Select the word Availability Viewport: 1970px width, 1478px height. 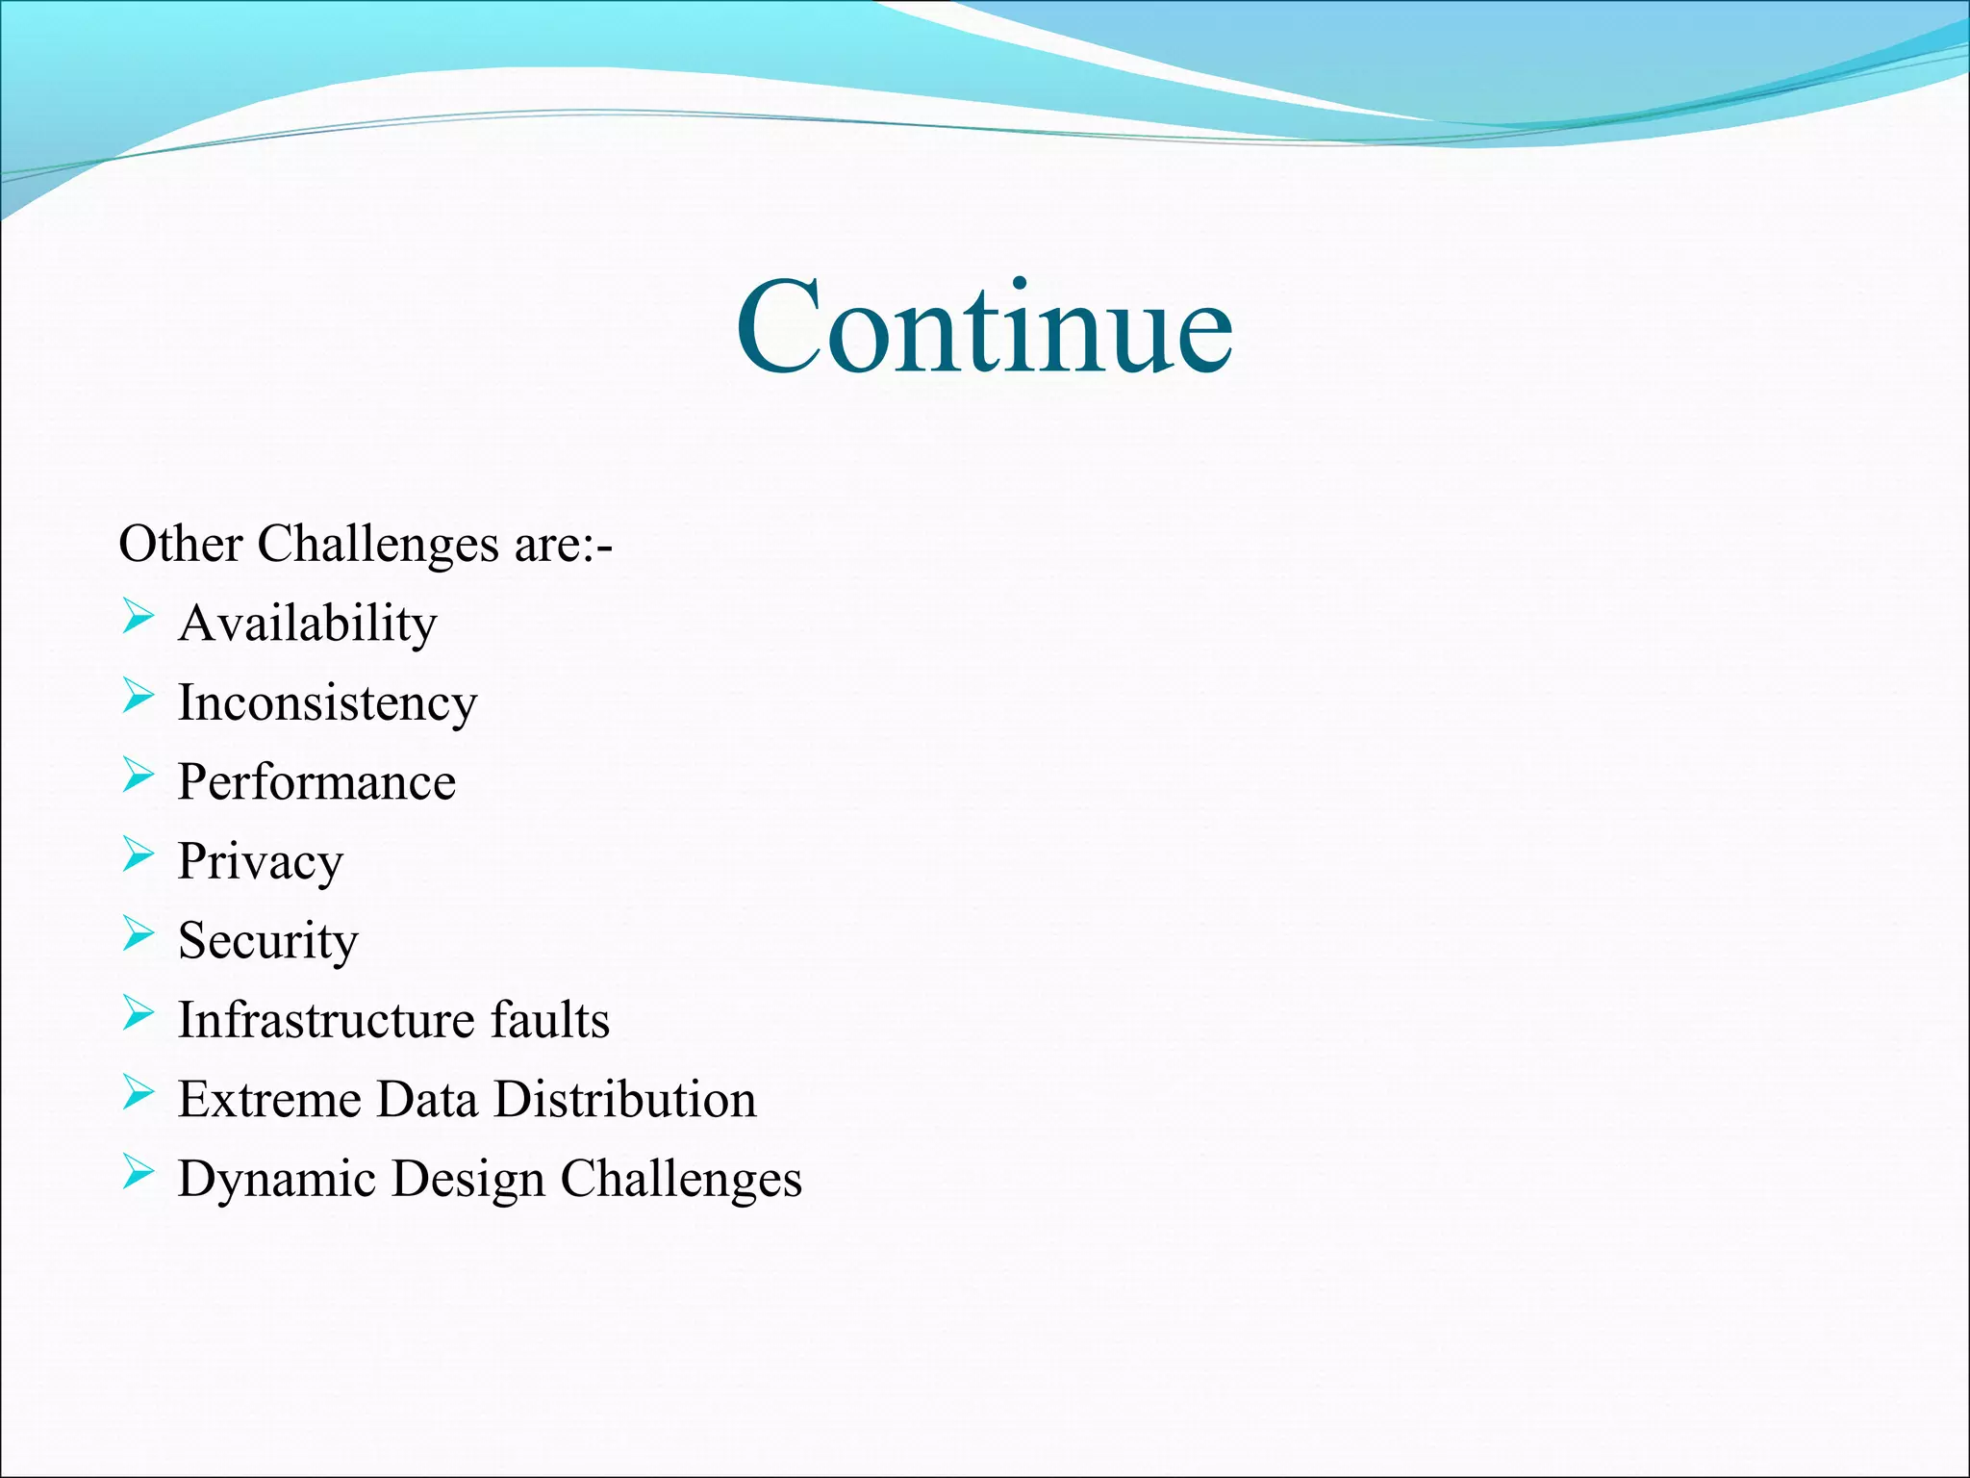(x=308, y=624)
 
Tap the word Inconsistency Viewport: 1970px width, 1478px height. (x=327, y=703)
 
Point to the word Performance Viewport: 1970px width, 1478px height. (x=316, y=782)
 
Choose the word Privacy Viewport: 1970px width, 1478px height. (x=260, y=861)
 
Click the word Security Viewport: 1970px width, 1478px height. (x=267, y=941)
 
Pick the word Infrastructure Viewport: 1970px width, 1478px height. (x=326, y=1020)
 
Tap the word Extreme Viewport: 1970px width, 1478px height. (x=268, y=1099)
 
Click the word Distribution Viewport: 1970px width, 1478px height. (x=625, y=1099)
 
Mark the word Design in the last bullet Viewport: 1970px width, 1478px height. (x=467, y=1180)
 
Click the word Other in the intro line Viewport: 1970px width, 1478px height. (x=180, y=544)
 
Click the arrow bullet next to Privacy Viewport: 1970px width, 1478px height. (x=138, y=854)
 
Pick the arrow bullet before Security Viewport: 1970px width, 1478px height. (x=138, y=933)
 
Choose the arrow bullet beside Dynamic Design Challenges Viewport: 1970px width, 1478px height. (x=138, y=1172)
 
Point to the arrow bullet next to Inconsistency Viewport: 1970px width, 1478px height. (x=138, y=696)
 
